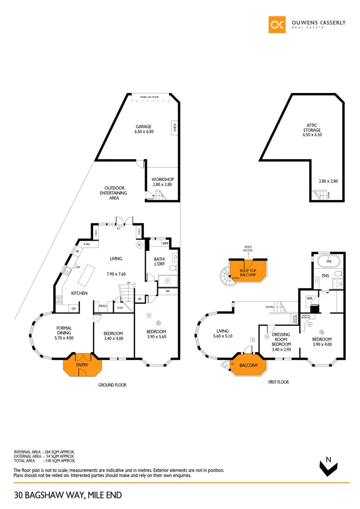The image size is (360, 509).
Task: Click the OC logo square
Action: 277,25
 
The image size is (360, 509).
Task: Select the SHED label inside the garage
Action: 174,127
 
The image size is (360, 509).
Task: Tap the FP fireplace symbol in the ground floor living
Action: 140,245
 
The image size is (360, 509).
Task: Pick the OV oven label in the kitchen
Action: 74,308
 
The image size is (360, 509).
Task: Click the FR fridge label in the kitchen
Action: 77,251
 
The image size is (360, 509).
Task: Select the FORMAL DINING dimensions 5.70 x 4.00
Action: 64,338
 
